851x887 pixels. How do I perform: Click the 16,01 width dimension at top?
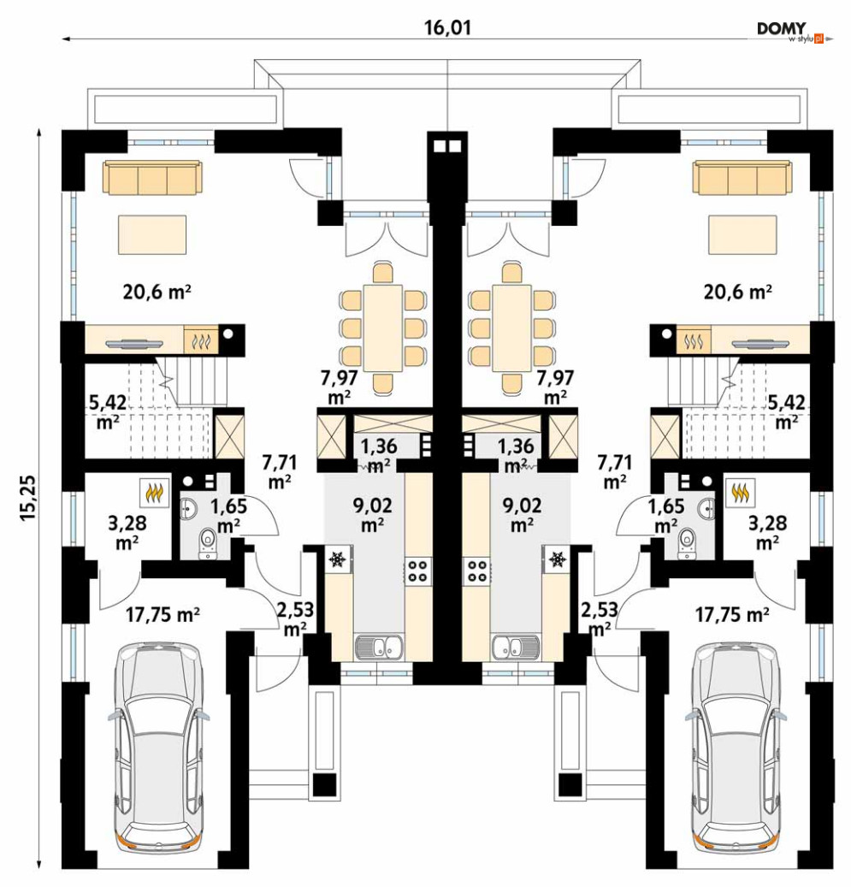[x=447, y=27]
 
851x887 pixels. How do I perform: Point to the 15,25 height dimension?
[x=29, y=497]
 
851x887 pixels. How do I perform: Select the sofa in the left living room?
[x=152, y=177]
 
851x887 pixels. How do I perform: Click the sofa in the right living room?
[x=742, y=177]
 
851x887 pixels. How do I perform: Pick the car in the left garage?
[x=158, y=746]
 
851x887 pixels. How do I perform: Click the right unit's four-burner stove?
[x=476, y=571]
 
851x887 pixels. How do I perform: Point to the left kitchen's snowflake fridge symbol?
[x=338, y=559]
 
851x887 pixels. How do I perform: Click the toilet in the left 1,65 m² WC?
[x=208, y=543]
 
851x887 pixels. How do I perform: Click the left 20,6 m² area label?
[x=157, y=292]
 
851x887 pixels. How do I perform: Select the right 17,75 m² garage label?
[x=731, y=614]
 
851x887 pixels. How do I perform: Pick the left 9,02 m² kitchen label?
[x=372, y=515]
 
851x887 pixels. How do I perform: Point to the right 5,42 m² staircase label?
[x=786, y=411]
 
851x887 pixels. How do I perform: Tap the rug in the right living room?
[x=742, y=234]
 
